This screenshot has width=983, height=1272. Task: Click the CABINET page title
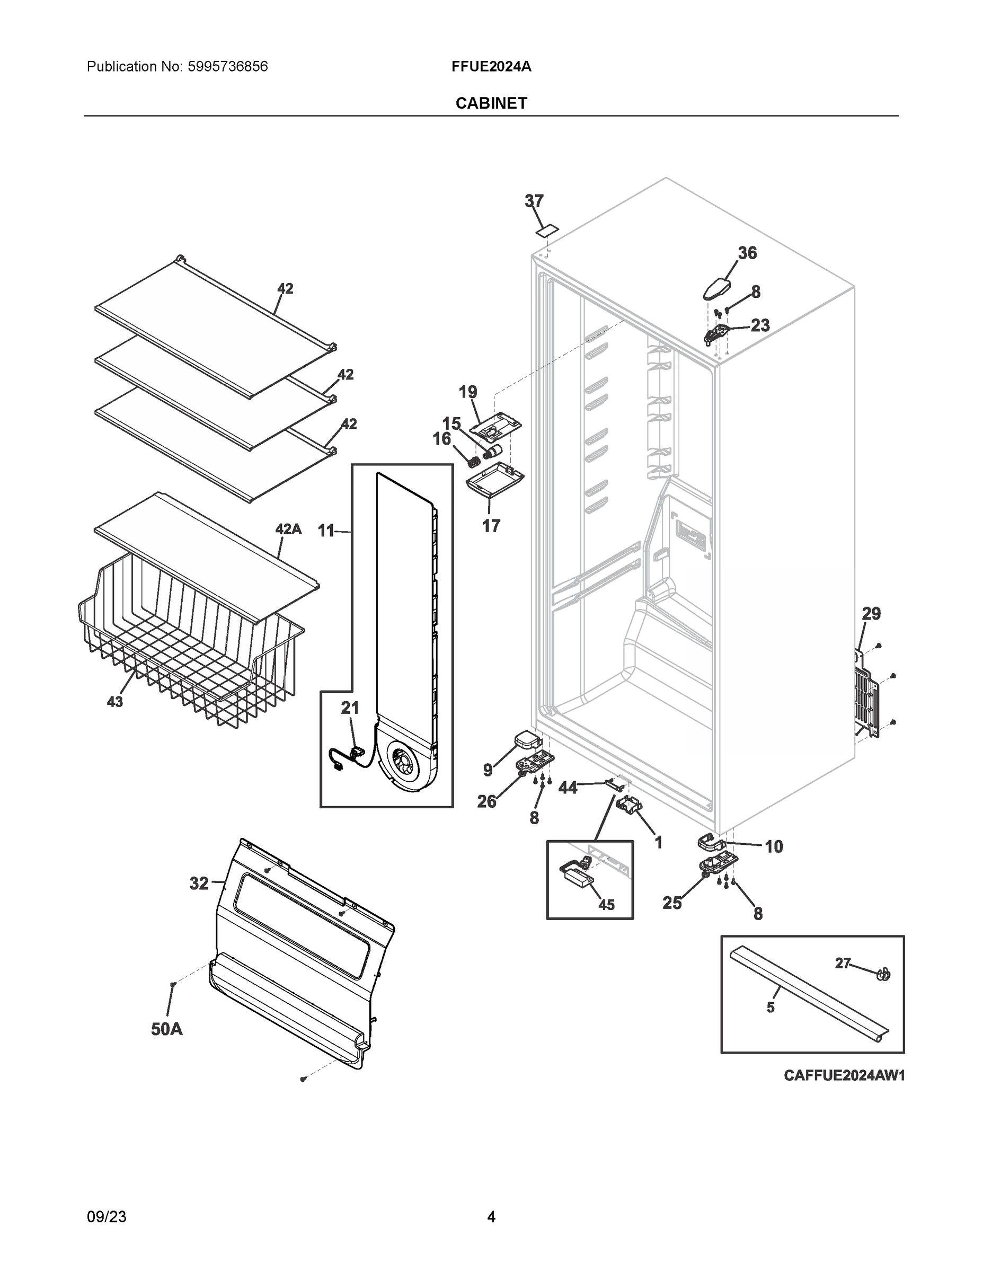pos(491,103)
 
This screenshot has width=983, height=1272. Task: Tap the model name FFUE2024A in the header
pos(491,66)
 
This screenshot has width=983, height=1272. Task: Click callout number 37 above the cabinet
pos(534,201)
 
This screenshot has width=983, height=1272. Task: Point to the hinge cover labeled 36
pos(718,288)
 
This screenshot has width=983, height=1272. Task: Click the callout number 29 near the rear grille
pos(871,613)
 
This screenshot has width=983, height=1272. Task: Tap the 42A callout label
pos(288,529)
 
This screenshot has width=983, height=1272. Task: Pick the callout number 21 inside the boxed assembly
pos(349,708)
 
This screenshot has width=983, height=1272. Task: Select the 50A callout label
pos(166,1029)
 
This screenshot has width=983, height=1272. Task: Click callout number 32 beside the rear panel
pos(199,884)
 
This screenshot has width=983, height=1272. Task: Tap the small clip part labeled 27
pos(883,973)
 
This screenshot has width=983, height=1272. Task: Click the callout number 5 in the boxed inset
pos(770,1007)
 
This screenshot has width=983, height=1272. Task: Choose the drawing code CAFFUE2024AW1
pos(844,1075)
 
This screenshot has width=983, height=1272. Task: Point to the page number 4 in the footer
pos(491,1217)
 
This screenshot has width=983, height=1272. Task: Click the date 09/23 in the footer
pos(107,1217)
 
